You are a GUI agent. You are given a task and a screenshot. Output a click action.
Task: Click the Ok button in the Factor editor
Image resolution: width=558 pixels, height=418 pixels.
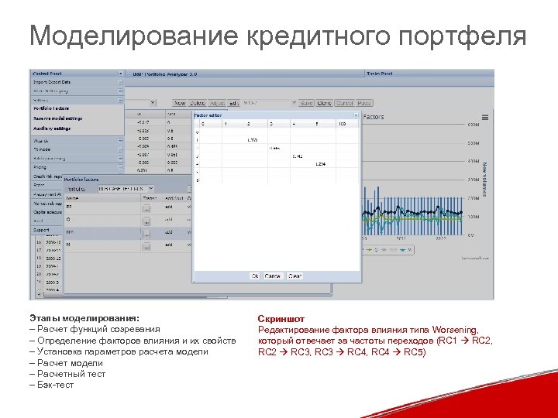(x=255, y=276)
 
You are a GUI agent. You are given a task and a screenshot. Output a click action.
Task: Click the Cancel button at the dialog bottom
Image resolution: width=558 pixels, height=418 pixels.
(x=274, y=276)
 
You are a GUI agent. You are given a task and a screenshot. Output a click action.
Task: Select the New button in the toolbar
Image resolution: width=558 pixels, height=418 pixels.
(x=179, y=103)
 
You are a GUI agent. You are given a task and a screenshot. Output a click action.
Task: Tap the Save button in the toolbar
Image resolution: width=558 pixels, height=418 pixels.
(x=307, y=103)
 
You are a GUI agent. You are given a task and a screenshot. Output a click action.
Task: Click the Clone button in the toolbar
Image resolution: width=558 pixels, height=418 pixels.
(x=325, y=103)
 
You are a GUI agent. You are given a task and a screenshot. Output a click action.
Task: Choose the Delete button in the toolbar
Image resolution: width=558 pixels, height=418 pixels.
(x=198, y=103)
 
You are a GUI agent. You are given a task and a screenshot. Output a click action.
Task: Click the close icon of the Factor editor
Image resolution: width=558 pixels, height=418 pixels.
(x=356, y=115)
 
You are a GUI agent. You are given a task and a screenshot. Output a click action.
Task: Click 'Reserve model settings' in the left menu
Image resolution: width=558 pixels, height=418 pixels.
(x=57, y=118)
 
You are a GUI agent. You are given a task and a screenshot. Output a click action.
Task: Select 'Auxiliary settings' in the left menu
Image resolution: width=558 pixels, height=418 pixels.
(x=52, y=128)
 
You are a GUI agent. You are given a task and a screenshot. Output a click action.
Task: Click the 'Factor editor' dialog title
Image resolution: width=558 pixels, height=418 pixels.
(x=208, y=115)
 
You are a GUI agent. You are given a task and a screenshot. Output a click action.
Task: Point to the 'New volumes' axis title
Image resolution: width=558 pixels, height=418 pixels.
(x=484, y=177)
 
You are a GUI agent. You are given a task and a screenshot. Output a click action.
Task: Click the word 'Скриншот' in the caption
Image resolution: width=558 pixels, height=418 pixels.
(x=281, y=319)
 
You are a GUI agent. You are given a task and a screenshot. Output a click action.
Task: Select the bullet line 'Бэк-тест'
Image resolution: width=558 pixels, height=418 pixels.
(x=53, y=385)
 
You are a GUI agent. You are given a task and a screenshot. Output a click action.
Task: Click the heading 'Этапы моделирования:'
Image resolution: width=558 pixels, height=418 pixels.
(x=84, y=318)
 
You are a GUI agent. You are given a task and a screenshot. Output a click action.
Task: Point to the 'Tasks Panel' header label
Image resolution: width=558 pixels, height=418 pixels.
(x=380, y=74)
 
